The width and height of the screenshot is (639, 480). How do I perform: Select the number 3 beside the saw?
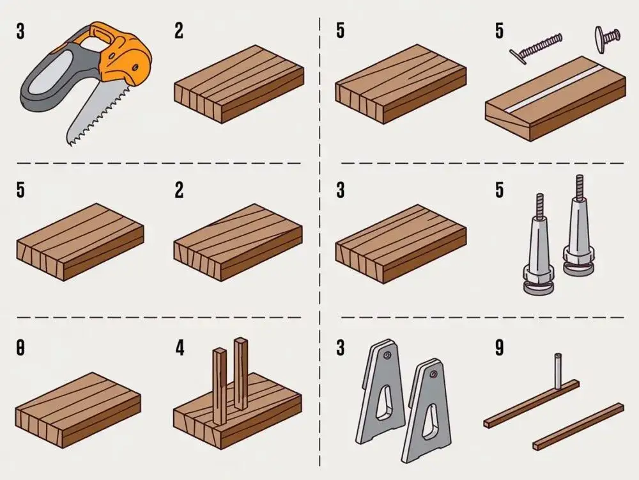[20, 31]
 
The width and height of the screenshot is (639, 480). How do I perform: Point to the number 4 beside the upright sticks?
[180, 348]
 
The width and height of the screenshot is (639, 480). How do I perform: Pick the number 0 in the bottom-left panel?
[20, 348]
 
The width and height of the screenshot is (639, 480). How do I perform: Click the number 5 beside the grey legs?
[499, 190]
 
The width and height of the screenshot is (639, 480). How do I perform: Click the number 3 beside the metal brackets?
[340, 348]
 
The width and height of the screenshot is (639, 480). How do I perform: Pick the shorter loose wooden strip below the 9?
[578, 425]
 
